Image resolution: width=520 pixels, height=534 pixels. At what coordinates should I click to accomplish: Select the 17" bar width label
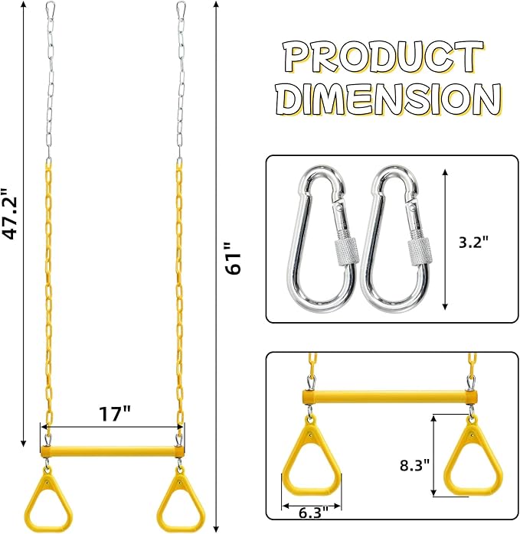click(x=115, y=414)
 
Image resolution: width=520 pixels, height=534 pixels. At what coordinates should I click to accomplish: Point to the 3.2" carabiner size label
click(x=473, y=243)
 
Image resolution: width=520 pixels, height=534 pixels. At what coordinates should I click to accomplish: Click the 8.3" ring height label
click(x=414, y=465)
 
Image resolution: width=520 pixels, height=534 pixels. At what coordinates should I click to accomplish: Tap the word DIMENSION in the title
click(x=388, y=98)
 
